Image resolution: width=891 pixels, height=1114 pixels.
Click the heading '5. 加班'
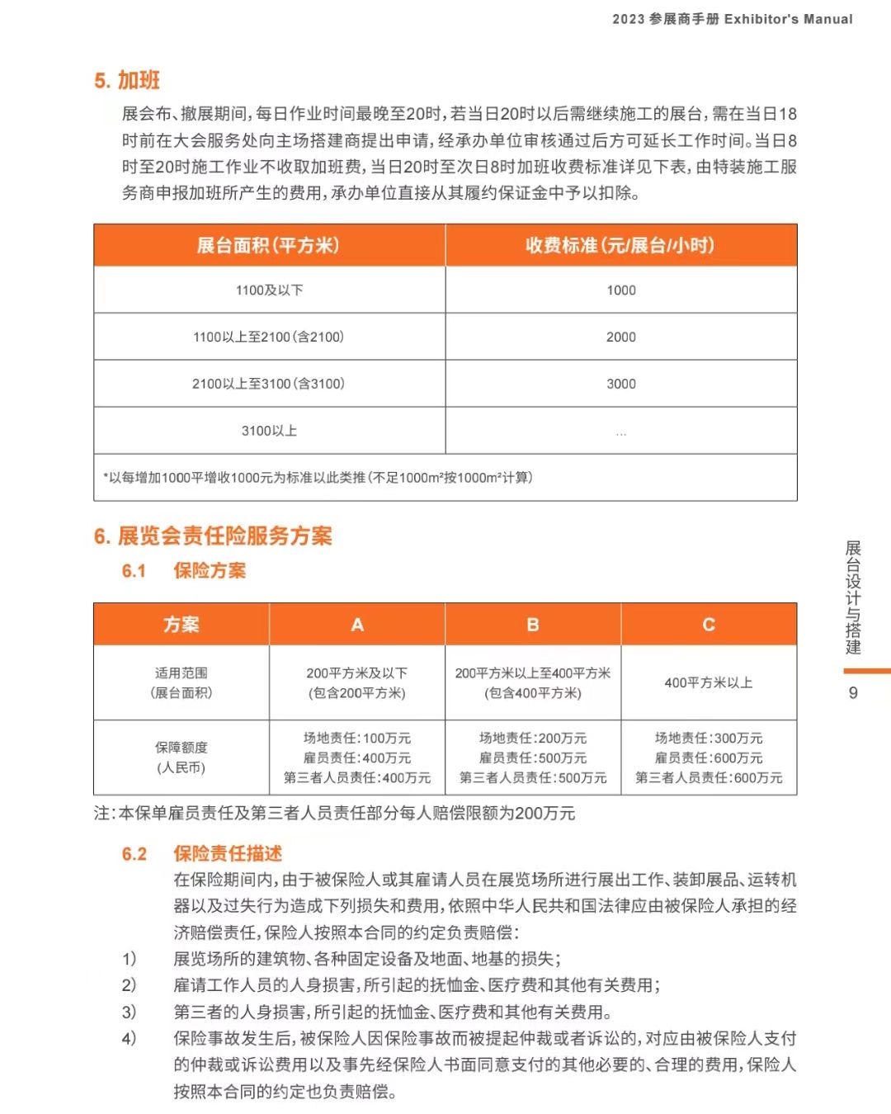coord(127,80)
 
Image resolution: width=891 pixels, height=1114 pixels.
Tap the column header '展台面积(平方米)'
coord(268,245)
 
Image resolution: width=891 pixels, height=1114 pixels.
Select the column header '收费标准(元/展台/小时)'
coord(620,245)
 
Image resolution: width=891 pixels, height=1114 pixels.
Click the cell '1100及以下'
coord(269,290)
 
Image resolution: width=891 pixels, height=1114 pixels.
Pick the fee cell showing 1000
coord(621,290)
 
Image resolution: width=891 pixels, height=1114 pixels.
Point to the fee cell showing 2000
coord(621,337)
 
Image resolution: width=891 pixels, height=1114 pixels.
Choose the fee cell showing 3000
coord(621,384)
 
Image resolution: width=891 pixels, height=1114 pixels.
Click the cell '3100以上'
coord(269,431)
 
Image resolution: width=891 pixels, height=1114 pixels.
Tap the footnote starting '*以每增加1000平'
coord(318,478)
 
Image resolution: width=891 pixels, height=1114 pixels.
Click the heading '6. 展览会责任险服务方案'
coord(213,536)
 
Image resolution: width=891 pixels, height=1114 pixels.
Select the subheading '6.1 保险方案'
coord(184,570)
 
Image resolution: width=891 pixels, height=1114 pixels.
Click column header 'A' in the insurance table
coord(357,625)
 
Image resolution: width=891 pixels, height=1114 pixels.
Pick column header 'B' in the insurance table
coord(533,625)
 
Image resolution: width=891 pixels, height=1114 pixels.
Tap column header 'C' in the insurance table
coord(709,625)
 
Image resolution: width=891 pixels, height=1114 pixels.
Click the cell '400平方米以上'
coord(709,683)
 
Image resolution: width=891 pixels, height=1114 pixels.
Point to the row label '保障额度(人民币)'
coord(181,758)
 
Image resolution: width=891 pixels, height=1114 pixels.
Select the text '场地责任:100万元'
coord(357,739)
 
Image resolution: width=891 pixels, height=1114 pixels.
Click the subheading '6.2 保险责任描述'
coord(202,853)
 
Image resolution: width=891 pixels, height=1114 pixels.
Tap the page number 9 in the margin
coord(853,693)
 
